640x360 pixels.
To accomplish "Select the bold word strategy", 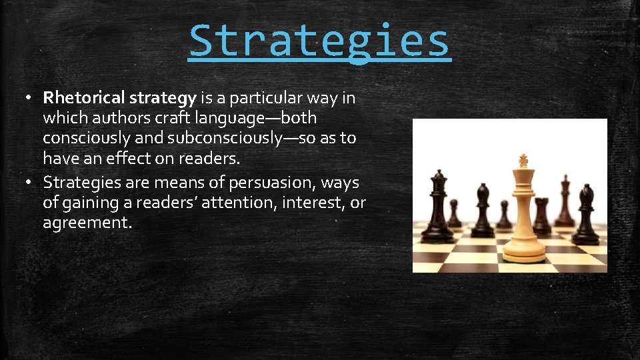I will [x=163, y=99].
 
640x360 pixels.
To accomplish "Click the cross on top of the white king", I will [x=523, y=161].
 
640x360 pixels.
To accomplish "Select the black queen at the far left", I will [x=438, y=207].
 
